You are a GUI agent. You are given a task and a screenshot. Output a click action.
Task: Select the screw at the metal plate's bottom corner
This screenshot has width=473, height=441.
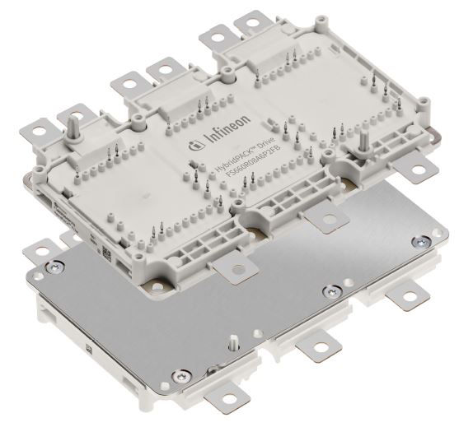coord(176,377)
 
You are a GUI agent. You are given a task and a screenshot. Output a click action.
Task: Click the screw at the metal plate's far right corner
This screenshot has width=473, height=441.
coord(423,239)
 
